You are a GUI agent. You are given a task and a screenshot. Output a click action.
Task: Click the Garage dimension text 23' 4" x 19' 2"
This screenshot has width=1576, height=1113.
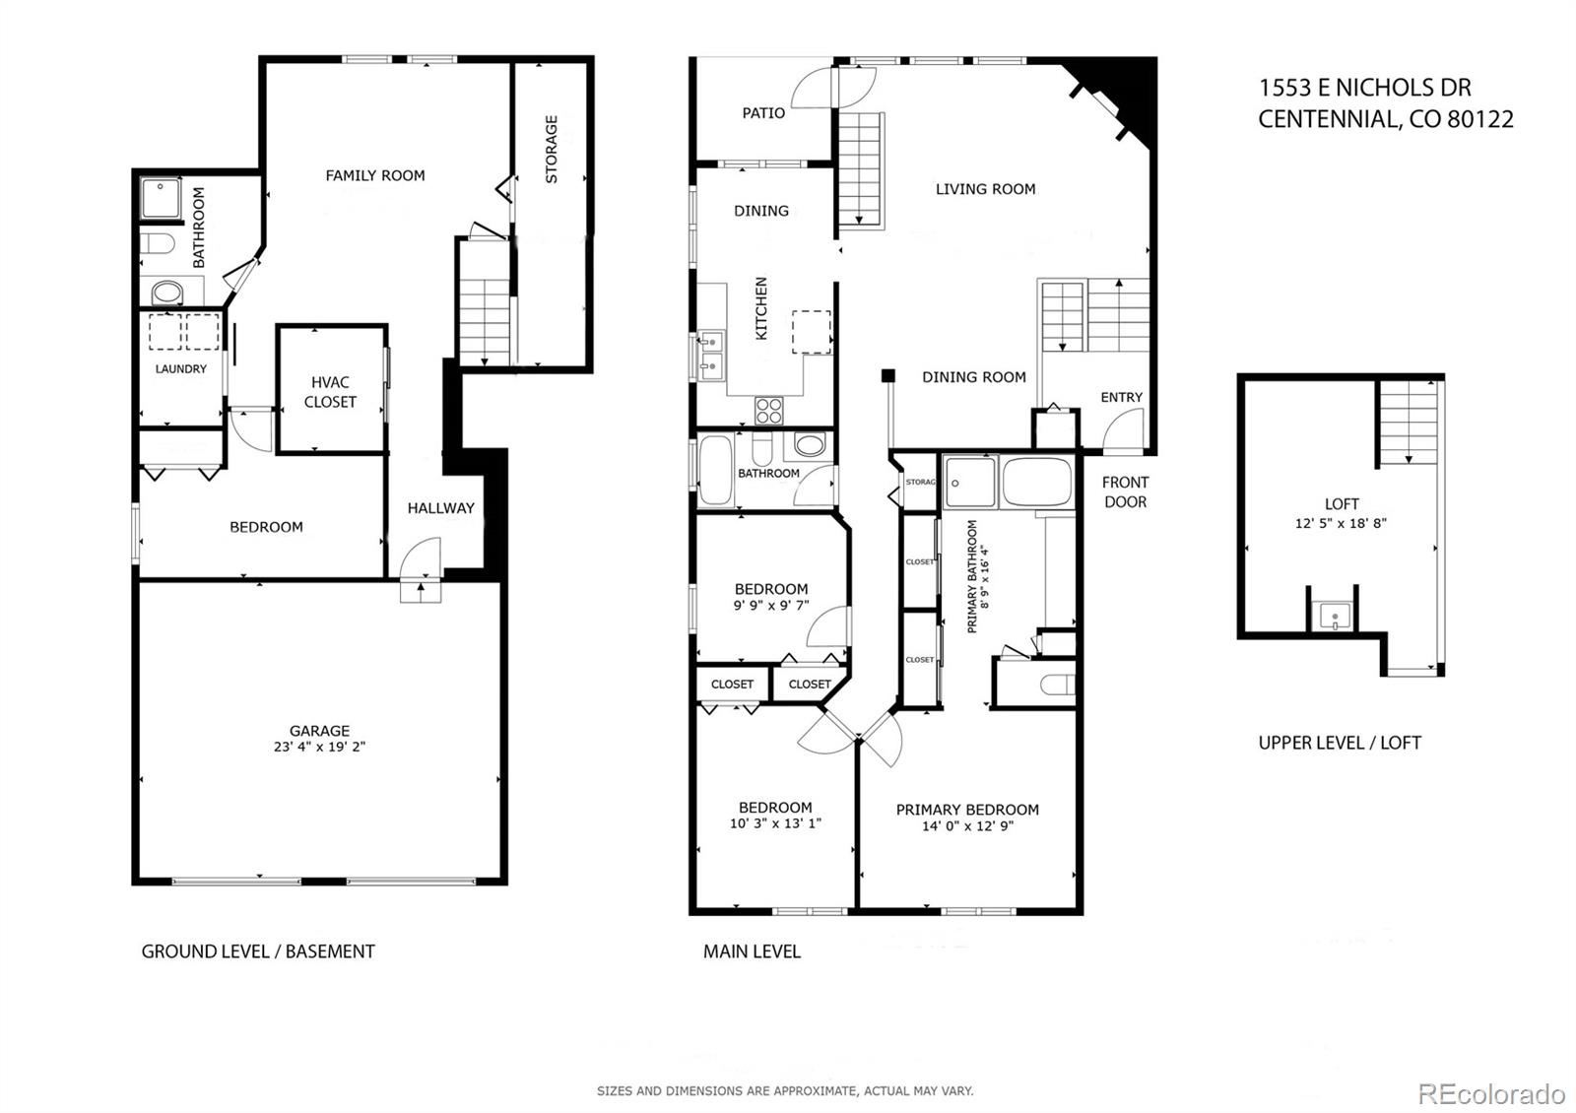(x=319, y=748)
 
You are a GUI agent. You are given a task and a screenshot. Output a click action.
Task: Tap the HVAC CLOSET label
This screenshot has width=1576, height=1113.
(x=330, y=392)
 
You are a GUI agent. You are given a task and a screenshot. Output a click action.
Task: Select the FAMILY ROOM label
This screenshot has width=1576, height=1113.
(x=375, y=175)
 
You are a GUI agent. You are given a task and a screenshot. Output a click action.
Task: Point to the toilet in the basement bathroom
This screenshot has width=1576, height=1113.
(x=157, y=243)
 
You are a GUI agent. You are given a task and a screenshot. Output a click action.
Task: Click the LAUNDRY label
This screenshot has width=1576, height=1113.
(x=181, y=369)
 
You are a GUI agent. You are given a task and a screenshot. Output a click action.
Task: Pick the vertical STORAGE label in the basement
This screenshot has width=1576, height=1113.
(x=552, y=149)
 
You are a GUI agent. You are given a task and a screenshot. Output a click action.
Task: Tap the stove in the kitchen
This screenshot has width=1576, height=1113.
(x=768, y=409)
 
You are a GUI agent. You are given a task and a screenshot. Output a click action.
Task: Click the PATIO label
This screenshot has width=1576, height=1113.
(x=763, y=113)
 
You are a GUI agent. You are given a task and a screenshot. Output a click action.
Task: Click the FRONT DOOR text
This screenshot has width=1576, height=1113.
(x=1125, y=491)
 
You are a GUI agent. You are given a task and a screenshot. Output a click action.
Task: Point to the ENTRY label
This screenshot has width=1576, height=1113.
(x=1121, y=397)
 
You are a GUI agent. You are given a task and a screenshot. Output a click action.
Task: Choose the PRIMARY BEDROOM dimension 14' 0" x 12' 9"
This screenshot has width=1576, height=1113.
(x=967, y=826)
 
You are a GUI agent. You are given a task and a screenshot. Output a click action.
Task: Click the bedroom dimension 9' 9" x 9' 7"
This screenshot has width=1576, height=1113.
(x=771, y=606)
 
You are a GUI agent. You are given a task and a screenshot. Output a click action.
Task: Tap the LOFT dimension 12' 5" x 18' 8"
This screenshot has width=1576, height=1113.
(x=1341, y=523)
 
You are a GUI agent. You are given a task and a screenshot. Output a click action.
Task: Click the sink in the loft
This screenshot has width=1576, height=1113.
(x=1335, y=619)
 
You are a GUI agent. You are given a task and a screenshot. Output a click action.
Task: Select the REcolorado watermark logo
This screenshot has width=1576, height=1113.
(x=1490, y=1093)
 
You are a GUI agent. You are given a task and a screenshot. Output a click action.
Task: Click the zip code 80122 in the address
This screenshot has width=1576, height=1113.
(x=1479, y=119)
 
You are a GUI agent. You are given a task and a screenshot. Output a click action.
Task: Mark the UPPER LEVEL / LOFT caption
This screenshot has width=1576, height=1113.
(x=1340, y=743)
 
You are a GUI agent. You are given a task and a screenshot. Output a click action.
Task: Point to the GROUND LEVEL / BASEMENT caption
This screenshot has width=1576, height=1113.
(x=258, y=951)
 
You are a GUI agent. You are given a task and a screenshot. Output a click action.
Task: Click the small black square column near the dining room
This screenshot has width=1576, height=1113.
(x=887, y=375)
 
